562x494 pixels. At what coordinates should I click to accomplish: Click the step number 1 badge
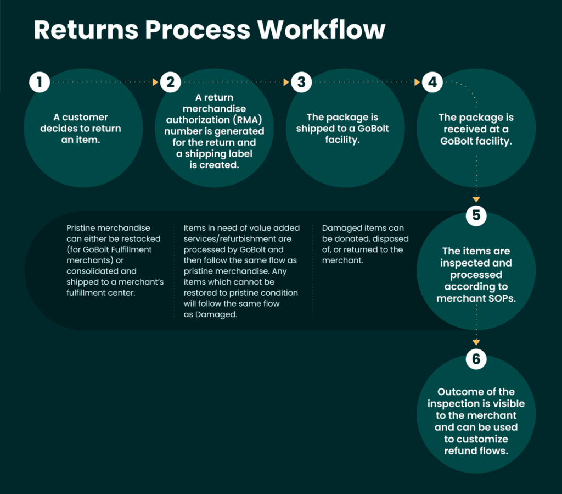pyautogui.click(x=40, y=83)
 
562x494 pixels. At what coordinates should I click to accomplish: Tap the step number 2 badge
pyautogui.click(x=171, y=83)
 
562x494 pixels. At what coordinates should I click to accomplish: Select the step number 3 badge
pyautogui.click(x=301, y=83)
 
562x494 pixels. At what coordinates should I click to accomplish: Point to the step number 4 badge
pyautogui.click(x=432, y=83)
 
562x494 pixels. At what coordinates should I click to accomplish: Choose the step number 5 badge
pyautogui.click(x=476, y=215)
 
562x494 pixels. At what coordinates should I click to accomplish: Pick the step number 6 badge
pyautogui.click(x=476, y=359)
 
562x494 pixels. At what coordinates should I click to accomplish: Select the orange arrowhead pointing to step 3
pyautogui.click(x=286, y=83)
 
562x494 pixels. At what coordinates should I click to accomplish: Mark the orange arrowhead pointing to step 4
pyautogui.click(x=417, y=83)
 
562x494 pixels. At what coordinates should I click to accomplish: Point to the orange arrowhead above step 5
pyautogui.click(x=476, y=199)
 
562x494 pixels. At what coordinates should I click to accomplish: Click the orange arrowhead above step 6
pyautogui.click(x=476, y=343)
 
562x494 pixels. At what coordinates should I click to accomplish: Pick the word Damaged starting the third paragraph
pyautogui.click(x=339, y=227)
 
